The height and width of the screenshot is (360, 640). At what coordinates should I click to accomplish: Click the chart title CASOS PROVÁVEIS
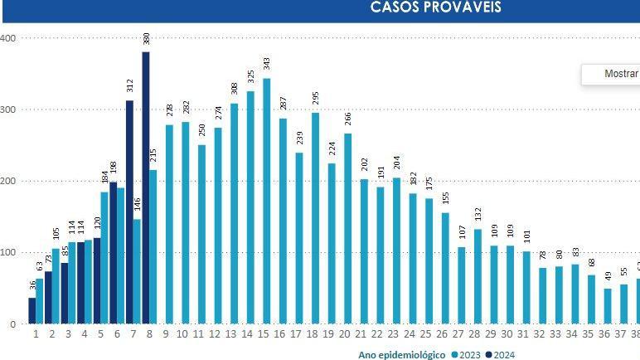click(x=435, y=8)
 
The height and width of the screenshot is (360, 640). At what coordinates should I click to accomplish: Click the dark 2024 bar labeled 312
click(x=129, y=212)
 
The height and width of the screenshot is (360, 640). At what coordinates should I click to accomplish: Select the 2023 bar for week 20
click(x=347, y=229)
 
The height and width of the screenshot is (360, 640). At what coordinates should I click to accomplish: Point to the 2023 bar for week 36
click(x=607, y=306)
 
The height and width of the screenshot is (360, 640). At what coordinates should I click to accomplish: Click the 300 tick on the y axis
click(x=8, y=109)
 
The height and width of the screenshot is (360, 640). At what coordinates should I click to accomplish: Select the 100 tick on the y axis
click(x=8, y=252)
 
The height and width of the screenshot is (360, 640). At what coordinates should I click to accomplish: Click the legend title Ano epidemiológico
click(x=402, y=355)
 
